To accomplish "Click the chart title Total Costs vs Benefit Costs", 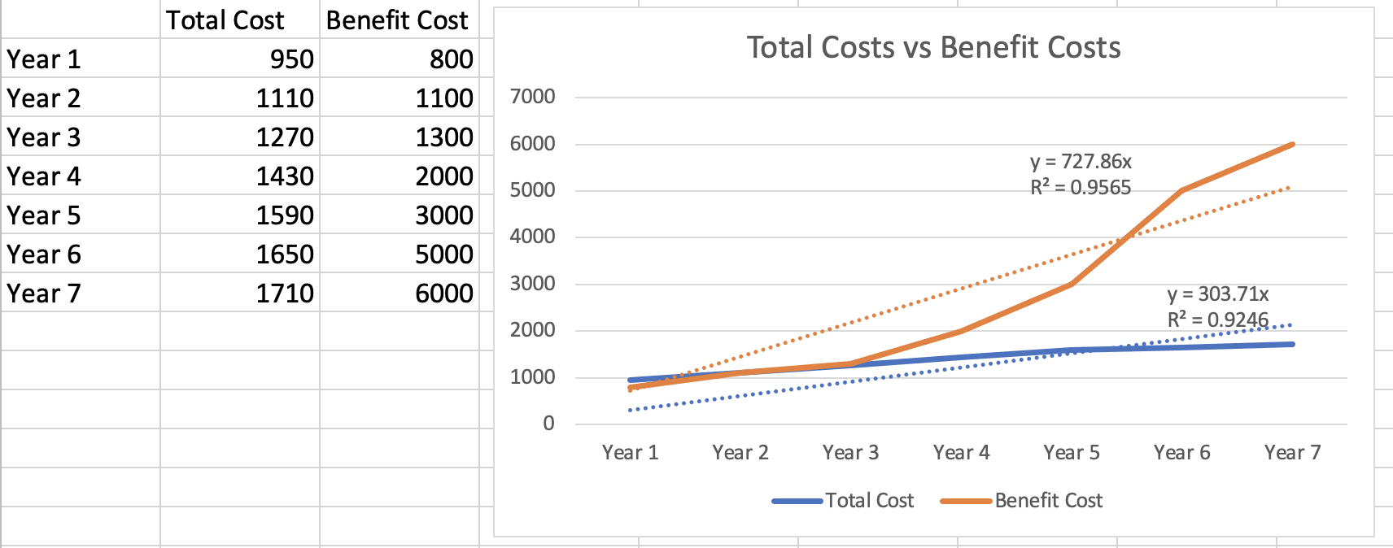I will (x=933, y=48).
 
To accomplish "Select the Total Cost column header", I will (x=225, y=20).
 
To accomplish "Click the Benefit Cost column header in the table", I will (x=397, y=20).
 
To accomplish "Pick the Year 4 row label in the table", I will (x=44, y=176).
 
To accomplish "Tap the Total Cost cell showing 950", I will (x=291, y=59).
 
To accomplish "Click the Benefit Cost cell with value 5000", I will (x=443, y=254).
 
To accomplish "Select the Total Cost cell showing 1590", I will (x=285, y=215).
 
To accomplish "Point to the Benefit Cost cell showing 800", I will (x=451, y=59).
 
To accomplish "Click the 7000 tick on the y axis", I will (x=532, y=97).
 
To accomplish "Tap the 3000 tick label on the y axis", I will (x=532, y=284).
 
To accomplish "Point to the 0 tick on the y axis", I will (x=548, y=424).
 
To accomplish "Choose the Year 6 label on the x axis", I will (x=1181, y=453).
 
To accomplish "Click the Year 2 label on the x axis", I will (x=740, y=453).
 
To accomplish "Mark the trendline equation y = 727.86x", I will (x=1081, y=162).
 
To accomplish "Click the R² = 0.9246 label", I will (x=1217, y=320).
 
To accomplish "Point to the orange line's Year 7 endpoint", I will (x=1292, y=145).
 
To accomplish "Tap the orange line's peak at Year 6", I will (x=1181, y=191).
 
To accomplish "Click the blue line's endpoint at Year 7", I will (x=1292, y=345).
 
